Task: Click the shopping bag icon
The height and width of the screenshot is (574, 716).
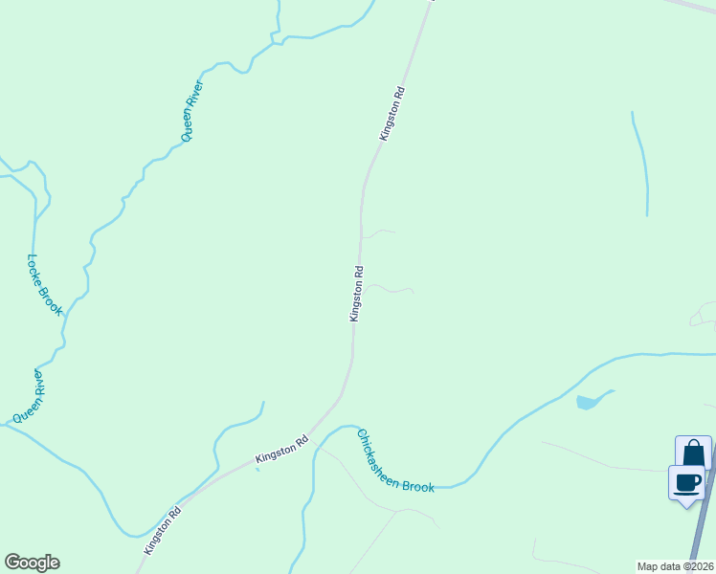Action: point(693,453)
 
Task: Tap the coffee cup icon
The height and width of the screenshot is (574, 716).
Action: point(686,481)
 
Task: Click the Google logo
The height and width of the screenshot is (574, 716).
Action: point(32,563)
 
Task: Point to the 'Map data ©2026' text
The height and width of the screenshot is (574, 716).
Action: point(675,565)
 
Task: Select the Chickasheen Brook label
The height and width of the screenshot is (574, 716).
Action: point(395,462)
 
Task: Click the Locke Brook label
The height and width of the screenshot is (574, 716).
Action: point(44,284)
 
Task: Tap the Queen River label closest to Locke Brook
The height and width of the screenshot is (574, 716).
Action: point(29,398)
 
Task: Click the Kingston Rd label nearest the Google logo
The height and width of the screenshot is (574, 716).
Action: point(163,531)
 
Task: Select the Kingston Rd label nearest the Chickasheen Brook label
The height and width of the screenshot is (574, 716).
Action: point(282,451)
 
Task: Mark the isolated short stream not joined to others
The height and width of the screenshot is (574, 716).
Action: point(640,163)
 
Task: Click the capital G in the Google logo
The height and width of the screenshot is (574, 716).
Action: point(12,563)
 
